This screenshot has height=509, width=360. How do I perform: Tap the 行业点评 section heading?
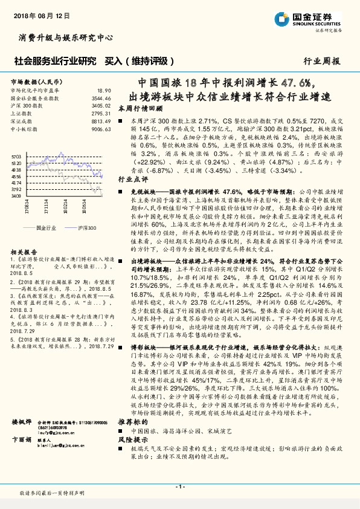pyautogui.click(x=132, y=180)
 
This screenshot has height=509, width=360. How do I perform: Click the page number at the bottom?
pyautogui.click(x=179, y=487)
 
